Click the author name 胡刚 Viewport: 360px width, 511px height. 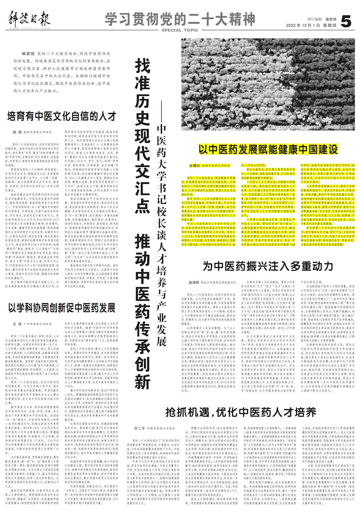click(x=17, y=132)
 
